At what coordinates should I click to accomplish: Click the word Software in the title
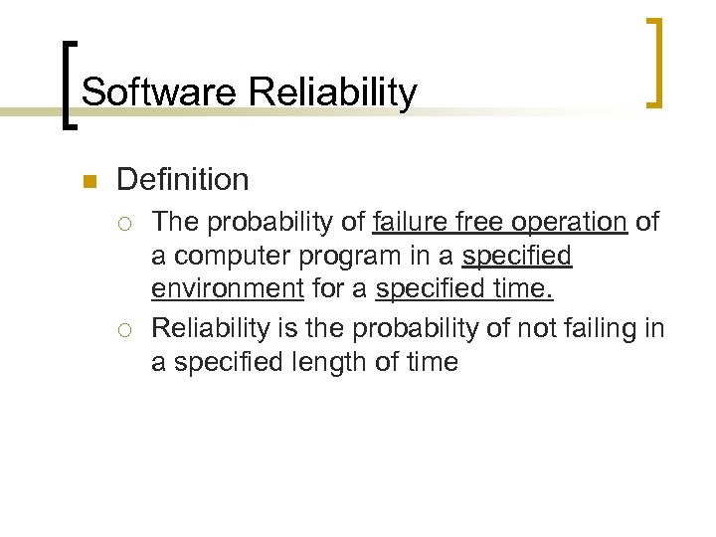[160, 92]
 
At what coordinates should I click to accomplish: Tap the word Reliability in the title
[333, 92]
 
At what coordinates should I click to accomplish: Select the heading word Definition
[182, 180]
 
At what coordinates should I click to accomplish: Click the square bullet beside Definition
[88, 182]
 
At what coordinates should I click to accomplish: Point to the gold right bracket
[655, 61]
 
